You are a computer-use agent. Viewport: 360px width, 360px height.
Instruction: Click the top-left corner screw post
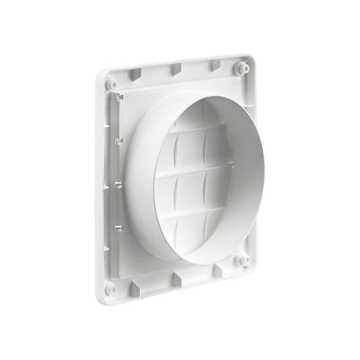(112, 81)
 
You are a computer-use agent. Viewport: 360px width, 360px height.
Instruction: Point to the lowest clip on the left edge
(119, 228)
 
